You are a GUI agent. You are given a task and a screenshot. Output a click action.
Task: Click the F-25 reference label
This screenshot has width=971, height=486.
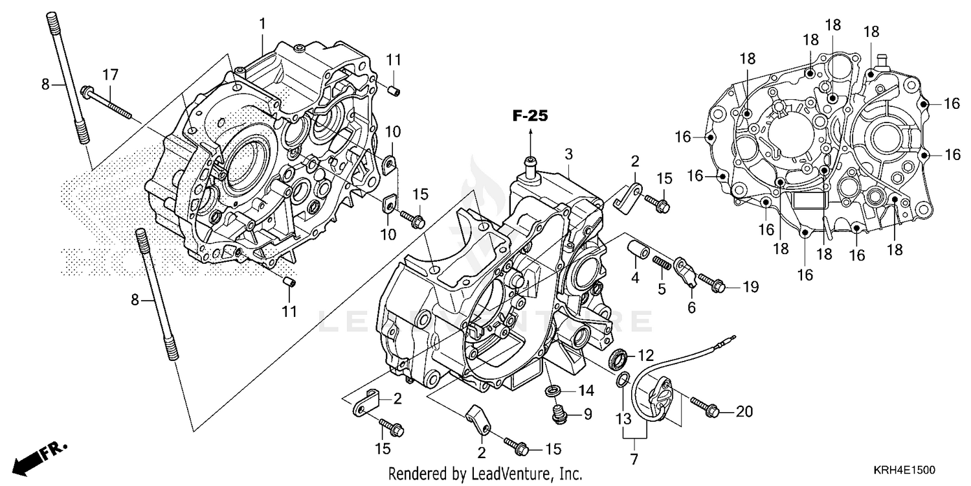[x=530, y=117]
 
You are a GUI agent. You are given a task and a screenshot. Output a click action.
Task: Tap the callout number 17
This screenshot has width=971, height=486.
[x=111, y=75]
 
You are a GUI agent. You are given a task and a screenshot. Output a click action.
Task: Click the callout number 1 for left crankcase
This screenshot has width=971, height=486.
[x=262, y=24]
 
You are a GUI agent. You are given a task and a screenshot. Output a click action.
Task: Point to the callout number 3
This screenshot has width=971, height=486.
[x=568, y=154]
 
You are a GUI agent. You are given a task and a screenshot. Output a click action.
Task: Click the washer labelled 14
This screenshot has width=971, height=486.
[x=553, y=391]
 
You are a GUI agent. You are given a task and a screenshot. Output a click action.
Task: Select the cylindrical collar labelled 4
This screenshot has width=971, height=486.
[x=634, y=249]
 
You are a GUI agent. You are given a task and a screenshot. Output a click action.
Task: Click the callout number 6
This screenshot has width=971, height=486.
[x=691, y=308]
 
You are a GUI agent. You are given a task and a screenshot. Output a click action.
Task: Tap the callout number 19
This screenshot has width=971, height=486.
[x=750, y=286]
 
